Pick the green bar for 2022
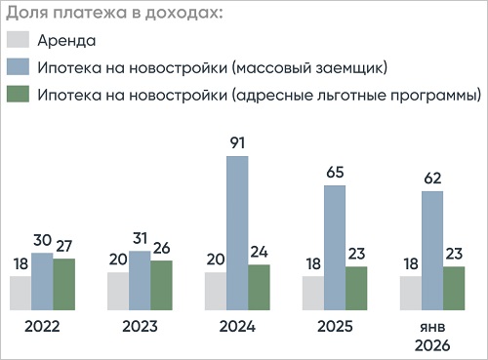64,282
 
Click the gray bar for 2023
118,289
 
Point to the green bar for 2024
260,285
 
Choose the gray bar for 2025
313,291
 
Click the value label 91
237,143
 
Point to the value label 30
42,241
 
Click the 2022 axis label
42,327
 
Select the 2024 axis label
237,327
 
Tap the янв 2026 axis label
432,337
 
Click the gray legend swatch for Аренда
19,41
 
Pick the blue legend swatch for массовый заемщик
19,68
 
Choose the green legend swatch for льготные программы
19,96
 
